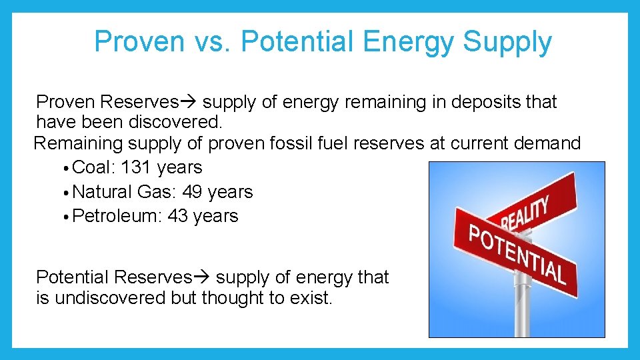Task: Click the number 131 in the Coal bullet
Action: (x=138, y=167)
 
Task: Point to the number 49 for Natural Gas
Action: (x=192, y=192)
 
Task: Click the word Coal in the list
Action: (x=94, y=167)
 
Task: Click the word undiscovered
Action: (x=110, y=298)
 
